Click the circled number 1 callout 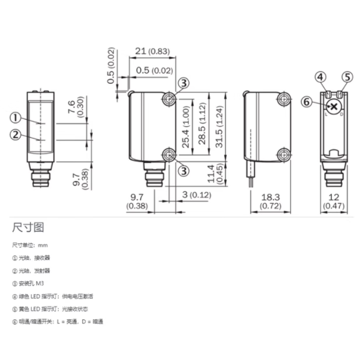point(15,118)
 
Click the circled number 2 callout point(15,135)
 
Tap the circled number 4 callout point(321,77)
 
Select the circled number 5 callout point(347,77)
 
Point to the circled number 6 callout point(307,102)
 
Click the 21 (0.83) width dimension point(152,51)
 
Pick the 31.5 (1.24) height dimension point(220,126)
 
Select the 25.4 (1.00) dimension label point(185,127)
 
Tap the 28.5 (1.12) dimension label point(202,123)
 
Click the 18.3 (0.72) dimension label point(271,202)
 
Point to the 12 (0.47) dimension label point(334,202)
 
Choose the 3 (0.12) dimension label point(197,195)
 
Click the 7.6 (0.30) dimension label point(75,107)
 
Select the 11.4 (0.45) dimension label point(216,174)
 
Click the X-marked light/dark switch point(334,107)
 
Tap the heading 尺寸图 point(28,227)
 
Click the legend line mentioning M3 point(28,284)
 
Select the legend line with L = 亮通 point(58,322)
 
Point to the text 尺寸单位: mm point(30,245)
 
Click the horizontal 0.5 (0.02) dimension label point(154,70)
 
